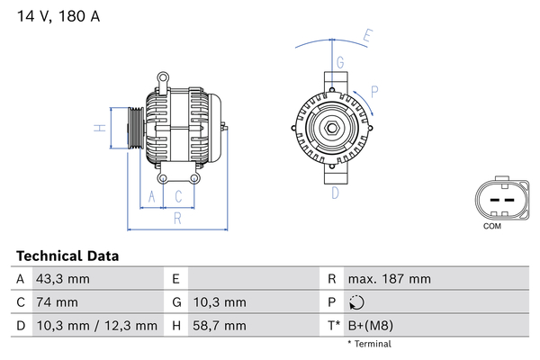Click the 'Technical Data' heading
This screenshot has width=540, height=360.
click(x=67, y=256)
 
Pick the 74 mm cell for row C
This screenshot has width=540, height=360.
click(x=56, y=302)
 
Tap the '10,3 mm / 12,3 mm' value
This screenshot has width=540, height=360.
click(x=95, y=326)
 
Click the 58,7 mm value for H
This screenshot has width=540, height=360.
click(x=216, y=326)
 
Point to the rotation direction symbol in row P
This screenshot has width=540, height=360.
click(x=357, y=302)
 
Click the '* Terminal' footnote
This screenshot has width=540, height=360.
click(x=371, y=344)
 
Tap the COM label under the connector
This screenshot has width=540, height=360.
click(x=491, y=226)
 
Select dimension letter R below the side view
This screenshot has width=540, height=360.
click(x=177, y=217)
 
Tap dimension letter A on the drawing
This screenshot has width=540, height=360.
click(x=152, y=195)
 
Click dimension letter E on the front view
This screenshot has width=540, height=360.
click(x=367, y=37)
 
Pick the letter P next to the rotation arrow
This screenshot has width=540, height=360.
click(x=373, y=90)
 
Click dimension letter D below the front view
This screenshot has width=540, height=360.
click(x=335, y=193)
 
